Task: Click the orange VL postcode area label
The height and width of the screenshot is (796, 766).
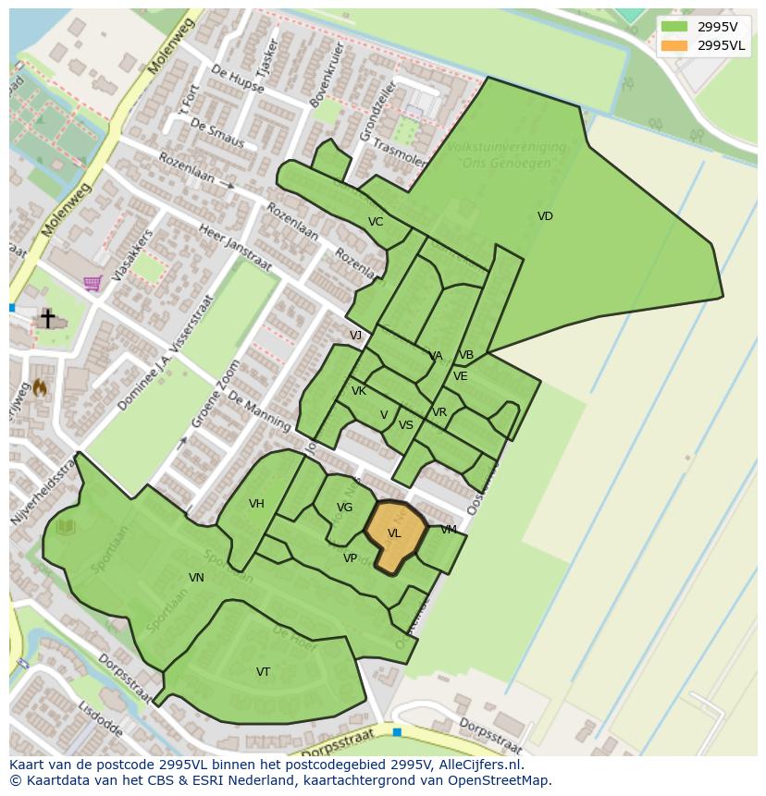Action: (x=394, y=533)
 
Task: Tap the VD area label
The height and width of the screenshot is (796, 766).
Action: (x=545, y=216)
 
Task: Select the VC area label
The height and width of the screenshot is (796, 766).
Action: (x=376, y=222)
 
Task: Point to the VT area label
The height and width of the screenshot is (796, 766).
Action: (x=264, y=672)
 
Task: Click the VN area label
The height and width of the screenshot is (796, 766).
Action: (x=196, y=578)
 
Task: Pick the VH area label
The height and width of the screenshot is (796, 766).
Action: (x=256, y=504)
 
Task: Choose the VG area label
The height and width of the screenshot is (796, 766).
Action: (x=345, y=508)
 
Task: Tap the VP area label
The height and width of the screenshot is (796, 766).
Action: (x=350, y=558)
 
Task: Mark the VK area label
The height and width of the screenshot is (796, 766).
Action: (x=359, y=391)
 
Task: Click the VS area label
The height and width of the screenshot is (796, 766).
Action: (x=406, y=425)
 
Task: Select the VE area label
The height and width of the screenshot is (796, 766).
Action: (x=460, y=376)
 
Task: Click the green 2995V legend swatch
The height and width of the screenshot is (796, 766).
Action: (x=674, y=27)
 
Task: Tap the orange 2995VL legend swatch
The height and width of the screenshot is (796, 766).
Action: (x=674, y=45)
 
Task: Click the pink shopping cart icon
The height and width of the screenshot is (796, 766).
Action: (x=93, y=283)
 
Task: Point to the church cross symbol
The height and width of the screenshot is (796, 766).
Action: (x=47, y=318)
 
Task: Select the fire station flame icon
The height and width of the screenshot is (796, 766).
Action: (x=40, y=389)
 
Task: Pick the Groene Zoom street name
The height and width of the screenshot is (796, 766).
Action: (x=211, y=407)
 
